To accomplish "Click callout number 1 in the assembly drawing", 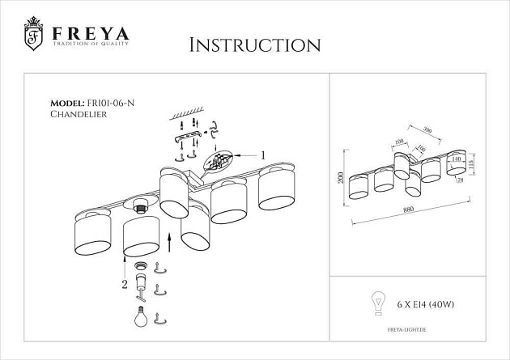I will point(262,154).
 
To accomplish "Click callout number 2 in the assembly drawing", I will point(124,284).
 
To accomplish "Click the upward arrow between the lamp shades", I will point(168,239).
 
